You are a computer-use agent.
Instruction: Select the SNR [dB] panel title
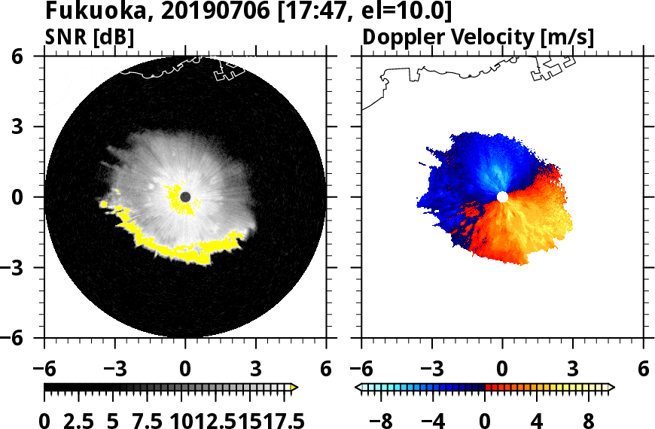coord(90,37)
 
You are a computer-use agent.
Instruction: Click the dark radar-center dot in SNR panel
coord(186,197)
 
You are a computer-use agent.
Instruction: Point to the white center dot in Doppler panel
coord(502,197)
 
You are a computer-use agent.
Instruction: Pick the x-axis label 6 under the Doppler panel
coord(643,369)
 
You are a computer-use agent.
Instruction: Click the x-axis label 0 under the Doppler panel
coord(502,369)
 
